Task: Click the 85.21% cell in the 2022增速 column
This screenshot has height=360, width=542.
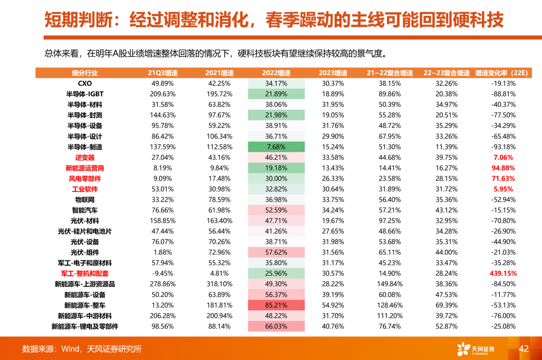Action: (x=276, y=305)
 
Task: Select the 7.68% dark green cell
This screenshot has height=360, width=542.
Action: (x=276, y=147)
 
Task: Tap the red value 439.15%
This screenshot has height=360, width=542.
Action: (x=503, y=273)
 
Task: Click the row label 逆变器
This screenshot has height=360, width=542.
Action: (x=85, y=157)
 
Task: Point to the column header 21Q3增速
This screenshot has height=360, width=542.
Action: (x=163, y=73)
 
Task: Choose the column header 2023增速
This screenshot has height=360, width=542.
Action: (x=333, y=73)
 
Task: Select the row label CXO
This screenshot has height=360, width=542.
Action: (x=85, y=83)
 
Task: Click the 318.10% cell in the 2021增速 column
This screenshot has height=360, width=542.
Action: (x=219, y=284)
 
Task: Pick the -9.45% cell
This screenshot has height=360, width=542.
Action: (x=163, y=273)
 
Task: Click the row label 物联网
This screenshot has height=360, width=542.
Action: (x=85, y=200)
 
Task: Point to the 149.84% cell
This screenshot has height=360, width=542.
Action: (x=389, y=284)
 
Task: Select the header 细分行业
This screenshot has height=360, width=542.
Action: (x=85, y=73)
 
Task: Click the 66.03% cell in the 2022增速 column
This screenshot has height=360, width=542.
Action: (x=276, y=326)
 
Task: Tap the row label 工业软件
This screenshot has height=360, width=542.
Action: (x=85, y=189)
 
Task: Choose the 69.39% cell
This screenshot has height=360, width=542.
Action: (x=446, y=305)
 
